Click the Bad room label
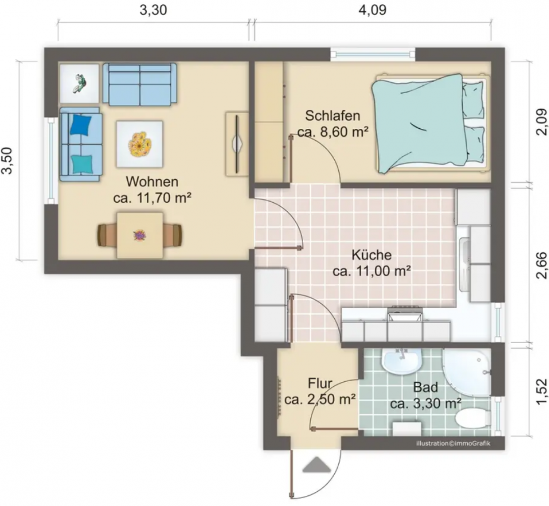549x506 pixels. point(425,387)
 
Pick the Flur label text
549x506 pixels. point(320,382)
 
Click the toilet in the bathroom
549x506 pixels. point(471,418)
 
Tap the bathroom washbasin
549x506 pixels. point(402,361)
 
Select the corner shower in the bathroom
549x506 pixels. point(467,371)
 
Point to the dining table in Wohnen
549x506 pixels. point(140,235)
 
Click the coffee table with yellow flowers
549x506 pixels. point(139,144)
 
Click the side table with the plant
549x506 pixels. point(79,83)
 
